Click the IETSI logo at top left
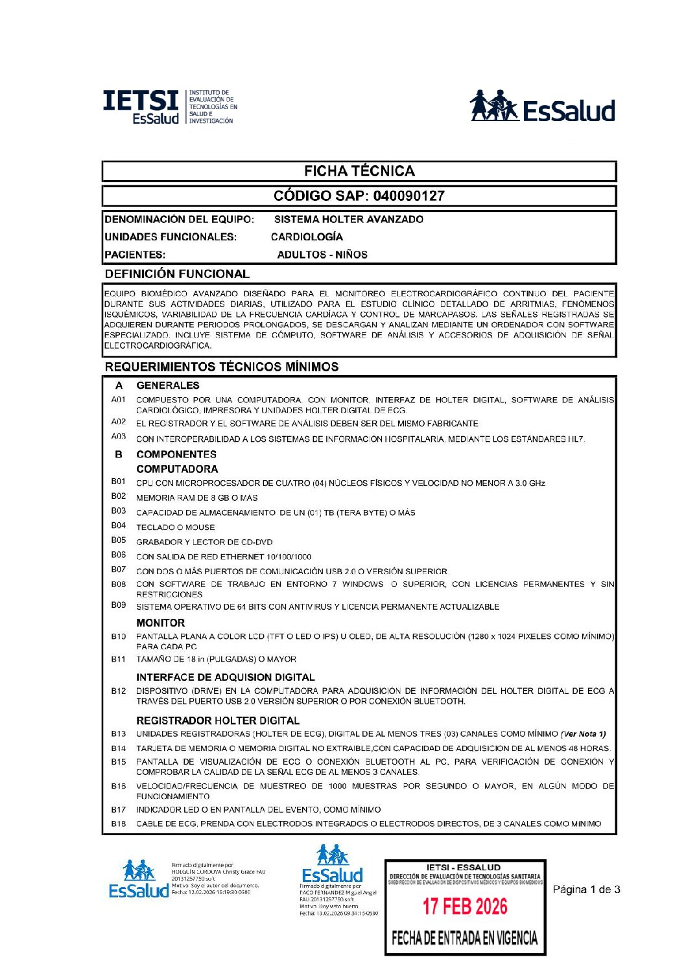coord(170,107)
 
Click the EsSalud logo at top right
coord(542,107)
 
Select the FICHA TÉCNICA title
coord(359,171)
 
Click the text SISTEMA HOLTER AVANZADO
coord(348,219)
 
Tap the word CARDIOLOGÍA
coord(307,237)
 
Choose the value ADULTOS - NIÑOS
coord(322,255)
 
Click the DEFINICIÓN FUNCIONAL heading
coord(177,274)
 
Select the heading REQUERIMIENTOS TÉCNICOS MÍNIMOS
coord(222,367)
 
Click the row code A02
coord(118,422)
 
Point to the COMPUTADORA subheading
coord(177,469)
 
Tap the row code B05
coord(118,540)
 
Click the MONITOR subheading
coord(160,623)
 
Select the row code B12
coord(118,691)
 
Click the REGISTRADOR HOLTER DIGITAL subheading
coord(218,721)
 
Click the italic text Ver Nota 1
coord(584,734)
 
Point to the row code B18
coord(118,824)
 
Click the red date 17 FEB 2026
coord(465,906)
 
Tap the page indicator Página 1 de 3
coord(586,890)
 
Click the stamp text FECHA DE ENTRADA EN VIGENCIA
coord(465,938)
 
